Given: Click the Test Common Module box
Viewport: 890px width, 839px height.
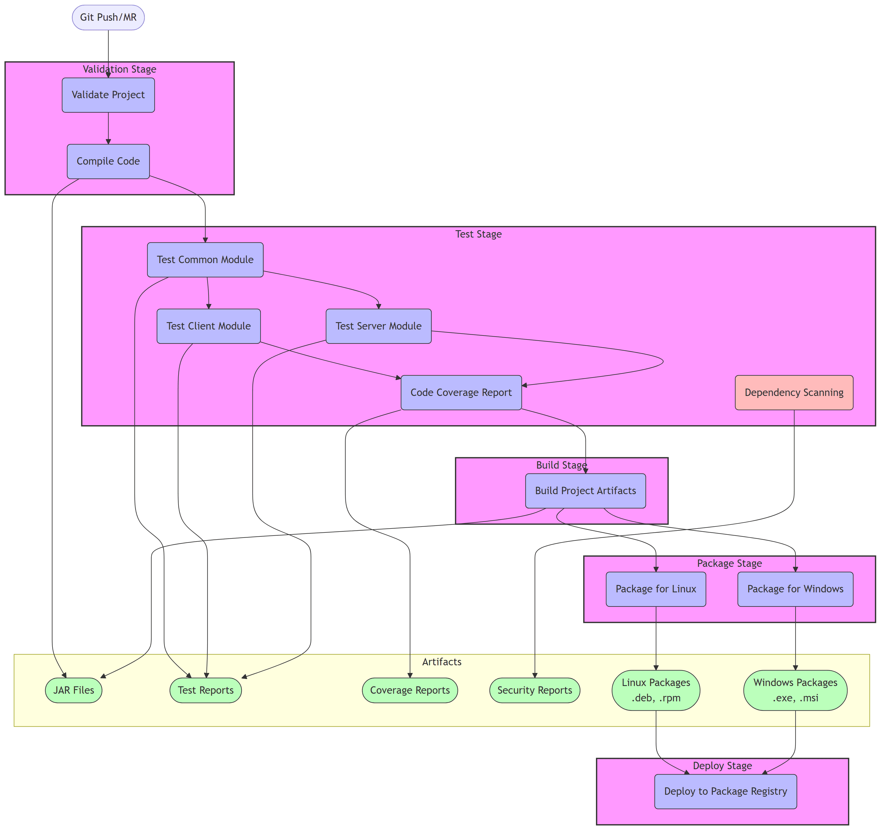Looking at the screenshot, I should click(205, 260).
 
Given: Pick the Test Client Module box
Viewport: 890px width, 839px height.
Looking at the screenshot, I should click(208, 326).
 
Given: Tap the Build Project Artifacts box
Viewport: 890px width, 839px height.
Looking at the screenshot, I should click(585, 491).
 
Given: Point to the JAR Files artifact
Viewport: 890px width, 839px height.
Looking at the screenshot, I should click(74, 690).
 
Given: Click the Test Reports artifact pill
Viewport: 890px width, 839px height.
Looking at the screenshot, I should click(205, 690).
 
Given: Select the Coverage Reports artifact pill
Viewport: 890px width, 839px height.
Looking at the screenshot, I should click(410, 690).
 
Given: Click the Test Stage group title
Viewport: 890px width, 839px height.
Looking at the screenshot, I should click(478, 234).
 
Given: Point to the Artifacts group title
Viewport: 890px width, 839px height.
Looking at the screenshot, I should click(441, 662).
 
